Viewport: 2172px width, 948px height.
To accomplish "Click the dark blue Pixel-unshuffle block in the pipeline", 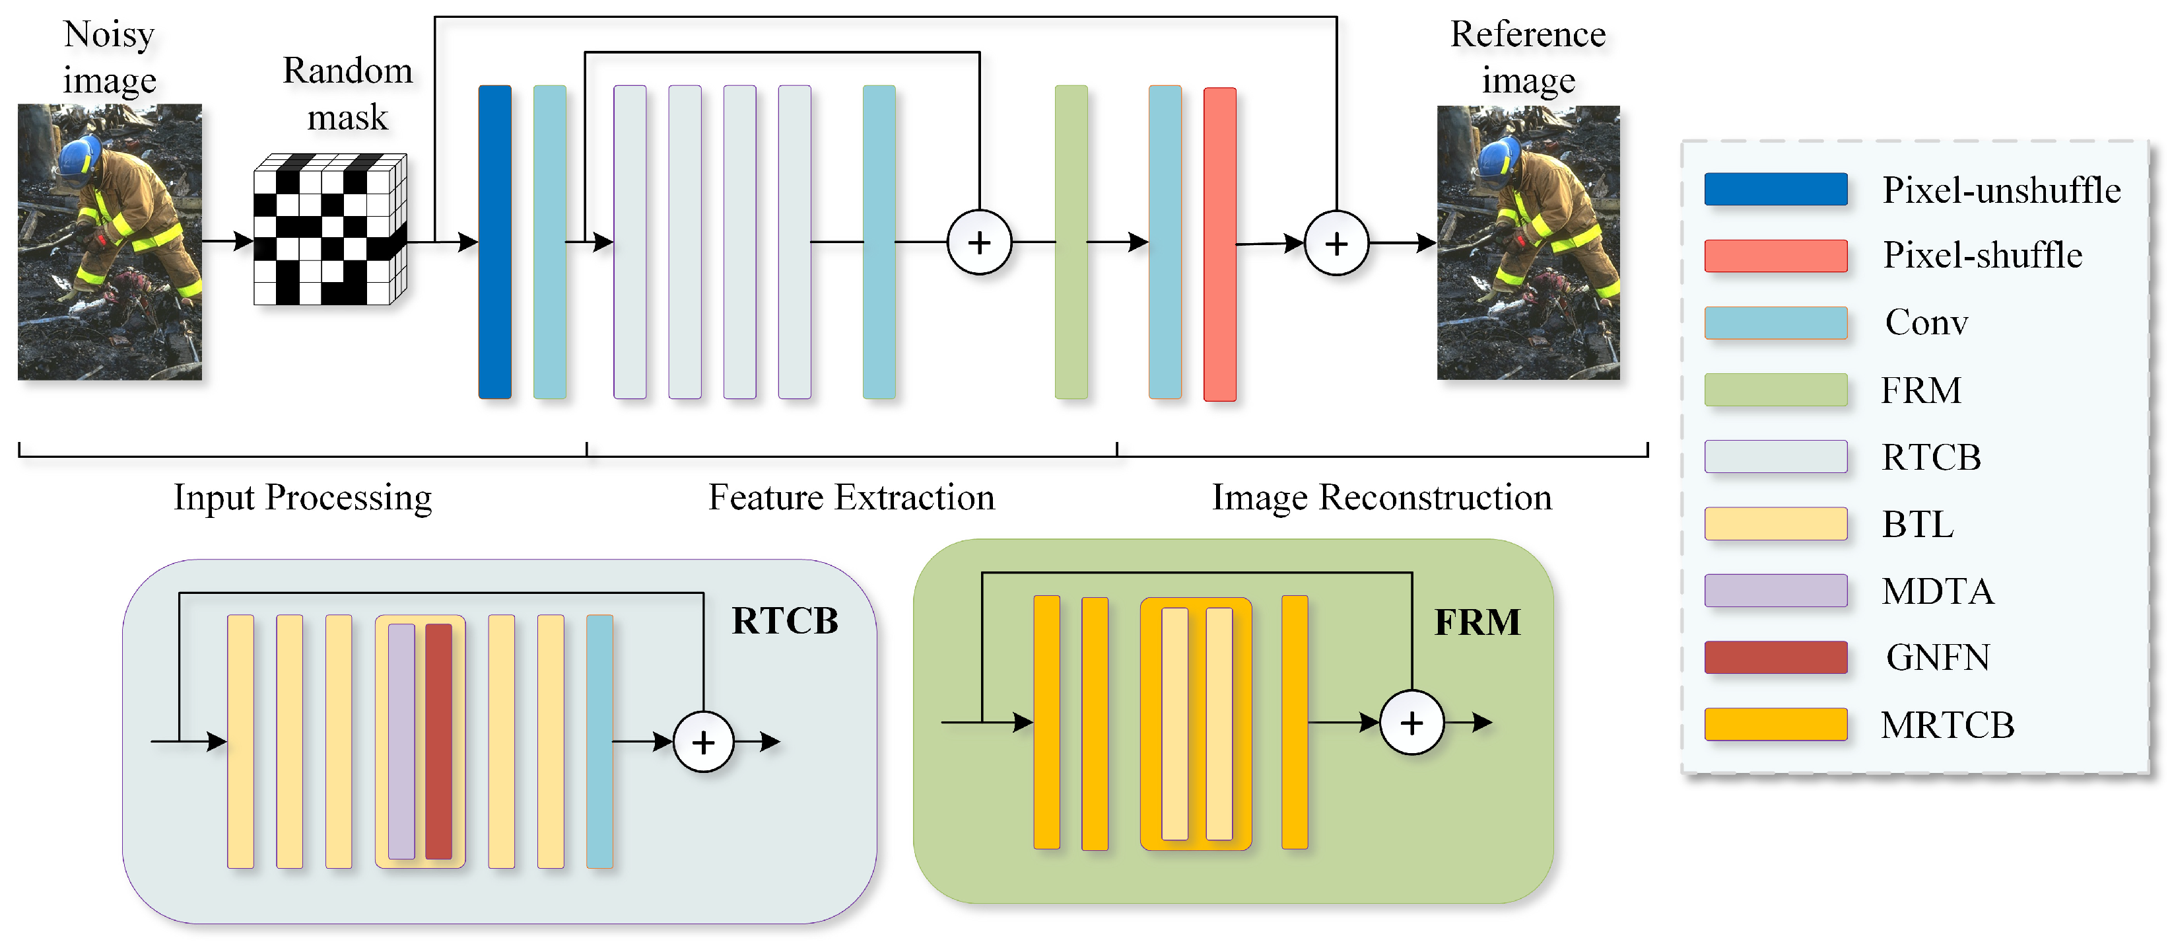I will click(495, 242).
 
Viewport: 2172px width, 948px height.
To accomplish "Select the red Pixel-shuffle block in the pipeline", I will click(1219, 244).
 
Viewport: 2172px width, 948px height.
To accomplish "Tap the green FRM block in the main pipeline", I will click(1071, 242).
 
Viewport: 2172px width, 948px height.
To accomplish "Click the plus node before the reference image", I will click(1336, 244).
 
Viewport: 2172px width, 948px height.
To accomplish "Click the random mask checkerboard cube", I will click(329, 229).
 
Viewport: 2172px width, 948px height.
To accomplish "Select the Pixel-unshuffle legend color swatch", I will click(1776, 189).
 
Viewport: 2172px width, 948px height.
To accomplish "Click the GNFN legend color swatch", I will click(1776, 657).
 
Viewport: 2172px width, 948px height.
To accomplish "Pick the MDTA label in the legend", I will click(1938, 591).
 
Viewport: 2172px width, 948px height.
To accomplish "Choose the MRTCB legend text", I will click(1947, 725).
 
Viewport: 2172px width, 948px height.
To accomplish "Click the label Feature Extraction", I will click(851, 497).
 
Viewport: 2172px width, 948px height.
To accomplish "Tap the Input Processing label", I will click(303, 497).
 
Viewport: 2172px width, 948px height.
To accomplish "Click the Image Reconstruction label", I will click(1381, 497).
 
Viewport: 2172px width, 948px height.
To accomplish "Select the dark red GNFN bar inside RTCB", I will click(438, 741).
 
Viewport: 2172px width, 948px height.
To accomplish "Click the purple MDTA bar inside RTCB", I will click(401, 741).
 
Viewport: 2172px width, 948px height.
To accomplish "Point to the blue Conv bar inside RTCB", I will click(599, 741).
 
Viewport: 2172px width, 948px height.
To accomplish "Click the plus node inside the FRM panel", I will click(1411, 722).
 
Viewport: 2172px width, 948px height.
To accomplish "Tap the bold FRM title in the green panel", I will click(1477, 622).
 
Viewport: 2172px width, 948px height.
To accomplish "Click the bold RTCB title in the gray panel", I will click(784, 621).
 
